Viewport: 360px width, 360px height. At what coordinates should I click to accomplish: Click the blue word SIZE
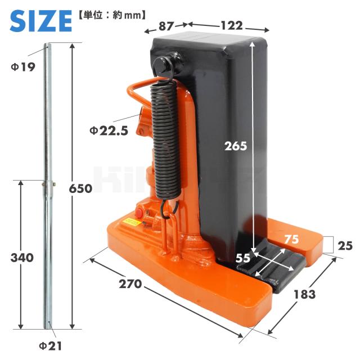pos(41,21)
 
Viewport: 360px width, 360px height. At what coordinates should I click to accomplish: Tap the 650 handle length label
pos(80,189)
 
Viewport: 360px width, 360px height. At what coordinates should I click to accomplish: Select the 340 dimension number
pos(22,258)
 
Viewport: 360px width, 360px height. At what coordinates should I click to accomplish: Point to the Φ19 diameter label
pos(23,67)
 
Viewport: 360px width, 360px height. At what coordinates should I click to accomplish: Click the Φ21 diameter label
pos(51,346)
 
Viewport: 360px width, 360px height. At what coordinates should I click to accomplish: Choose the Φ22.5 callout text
pos(109,131)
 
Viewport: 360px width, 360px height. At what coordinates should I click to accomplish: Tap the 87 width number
pos(165,26)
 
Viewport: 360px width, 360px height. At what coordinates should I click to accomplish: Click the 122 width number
pos(232,25)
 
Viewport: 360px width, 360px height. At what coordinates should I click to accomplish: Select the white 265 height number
pos(236,146)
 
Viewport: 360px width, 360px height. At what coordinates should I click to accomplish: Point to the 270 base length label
pos(130,284)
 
